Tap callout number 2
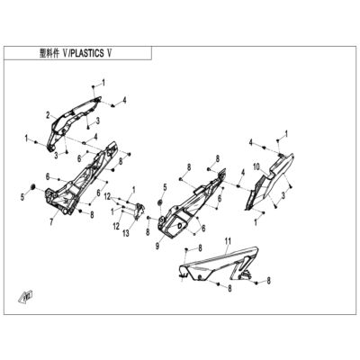point(48,115)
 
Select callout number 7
point(51,222)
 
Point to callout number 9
point(157,247)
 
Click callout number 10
point(256,166)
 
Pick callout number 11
point(229,240)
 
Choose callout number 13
point(126,233)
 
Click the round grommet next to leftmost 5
point(33,186)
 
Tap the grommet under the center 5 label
point(160,202)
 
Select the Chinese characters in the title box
point(49,53)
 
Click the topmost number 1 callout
point(103,83)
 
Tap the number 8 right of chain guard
point(269,281)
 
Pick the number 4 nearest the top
point(124,100)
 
